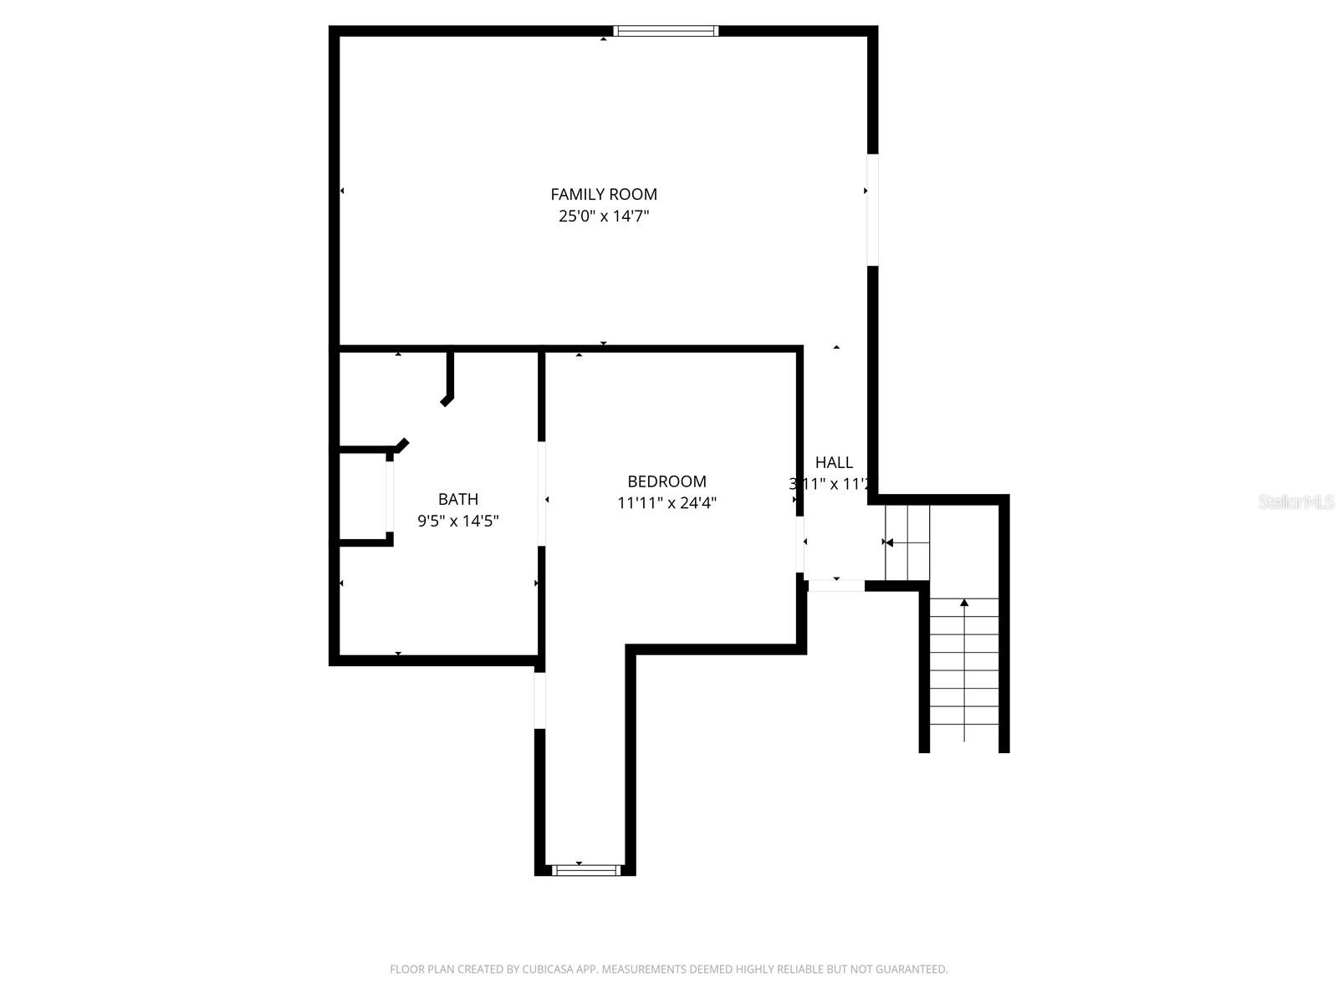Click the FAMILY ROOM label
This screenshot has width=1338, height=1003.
pyautogui.click(x=604, y=194)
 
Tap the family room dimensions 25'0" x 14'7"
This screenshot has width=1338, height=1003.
pyautogui.click(x=604, y=216)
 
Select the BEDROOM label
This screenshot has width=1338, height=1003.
pyautogui.click(x=666, y=481)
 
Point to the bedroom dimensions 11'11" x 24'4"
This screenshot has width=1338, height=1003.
pyautogui.click(x=666, y=503)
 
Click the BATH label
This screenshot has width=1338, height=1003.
pyautogui.click(x=458, y=499)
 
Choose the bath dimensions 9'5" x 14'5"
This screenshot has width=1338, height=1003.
pyautogui.click(x=458, y=521)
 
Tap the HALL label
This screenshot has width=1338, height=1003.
pyautogui.click(x=834, y=462)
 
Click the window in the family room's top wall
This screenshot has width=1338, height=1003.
pyautogui.click(x=666, y=32)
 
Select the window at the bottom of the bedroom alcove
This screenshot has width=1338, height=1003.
pyautogui.click(x=585, y=870)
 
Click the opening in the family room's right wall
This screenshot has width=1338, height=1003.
pyautogui.click(x=872, y=209)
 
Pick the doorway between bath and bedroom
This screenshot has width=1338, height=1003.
pyautogui.click(x=541, y=493)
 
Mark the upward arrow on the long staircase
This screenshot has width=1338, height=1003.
pyautogui.click(x=964, y=603)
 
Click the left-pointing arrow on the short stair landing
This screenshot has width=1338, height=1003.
pyautogui.click(x=889, y=542)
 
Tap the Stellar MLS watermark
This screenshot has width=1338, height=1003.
pyautogui.click(x=1295, y=501)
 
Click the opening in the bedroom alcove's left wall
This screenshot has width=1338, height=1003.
pyautogui.click(x=539, y=700)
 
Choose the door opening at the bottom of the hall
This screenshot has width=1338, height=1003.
pyautogui.click(x=835, y=586)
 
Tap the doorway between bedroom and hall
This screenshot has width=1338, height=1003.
pyautogui.click(x=800, y=543)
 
